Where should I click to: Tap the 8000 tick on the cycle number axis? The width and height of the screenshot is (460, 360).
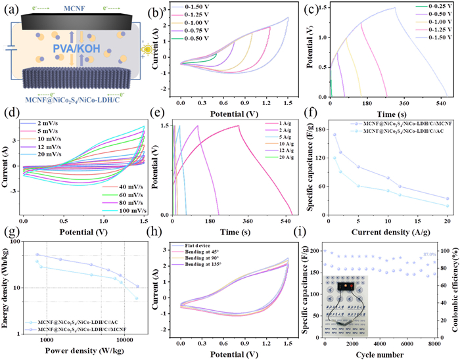[x=436, y=342]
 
